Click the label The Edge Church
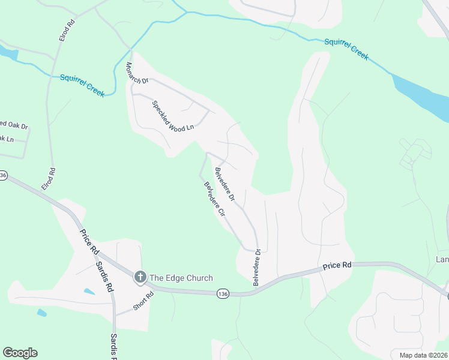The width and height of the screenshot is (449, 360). [x=181, y=278]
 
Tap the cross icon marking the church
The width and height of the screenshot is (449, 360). [x=140, y=277]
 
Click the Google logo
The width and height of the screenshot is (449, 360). [x=20, y=353]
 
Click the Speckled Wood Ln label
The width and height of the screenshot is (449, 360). [x=173, y=116]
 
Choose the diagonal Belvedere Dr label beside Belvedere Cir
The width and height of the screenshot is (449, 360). [x=225, y=184]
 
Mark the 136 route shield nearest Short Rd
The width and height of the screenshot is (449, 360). [x=223, y=293]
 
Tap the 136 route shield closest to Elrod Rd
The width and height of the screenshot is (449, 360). [x=3, y=175]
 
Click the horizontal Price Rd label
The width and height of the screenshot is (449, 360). [x=336, y=266]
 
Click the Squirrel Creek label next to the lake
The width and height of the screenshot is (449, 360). [x=346, y=49]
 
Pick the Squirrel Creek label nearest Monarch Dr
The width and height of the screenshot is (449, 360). [x=82, y=85]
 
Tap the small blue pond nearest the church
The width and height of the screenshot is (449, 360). [x=89, y=292]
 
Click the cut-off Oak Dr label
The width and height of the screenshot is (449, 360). [x=14, y=125]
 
